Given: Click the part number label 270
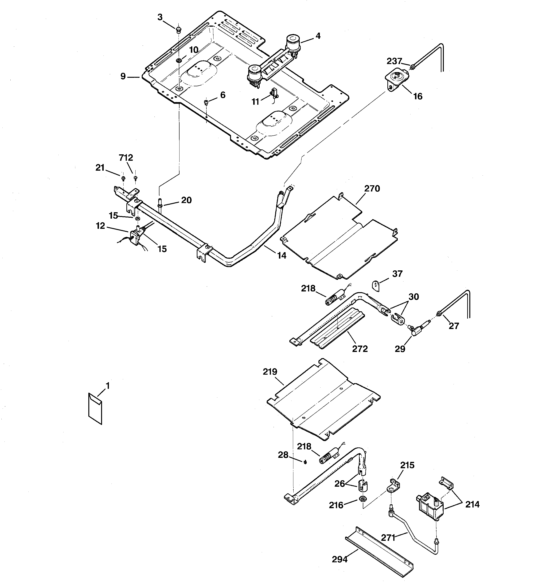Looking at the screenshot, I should [x=372, y=188].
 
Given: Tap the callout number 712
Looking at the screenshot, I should [x=126, y=158].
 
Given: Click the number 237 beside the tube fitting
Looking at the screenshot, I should [x=394, y=61].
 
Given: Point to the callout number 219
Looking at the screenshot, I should [x=270, y=372].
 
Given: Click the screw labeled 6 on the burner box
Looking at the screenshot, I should [x=206, y=102].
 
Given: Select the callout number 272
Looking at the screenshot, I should [x=360, y=349].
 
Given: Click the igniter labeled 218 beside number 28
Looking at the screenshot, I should [x=328, y=459].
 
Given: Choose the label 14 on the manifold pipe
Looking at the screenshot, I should [x=282, y=256].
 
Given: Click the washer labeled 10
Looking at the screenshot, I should [x=179, y=60].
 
